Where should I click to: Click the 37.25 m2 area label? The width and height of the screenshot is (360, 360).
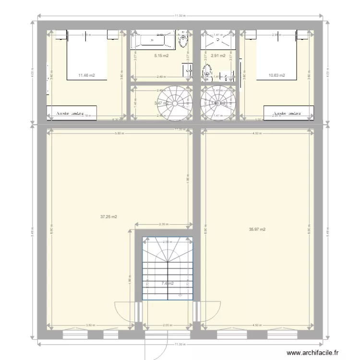click(109, 217)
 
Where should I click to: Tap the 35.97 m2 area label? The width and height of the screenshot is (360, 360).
click(257, 229)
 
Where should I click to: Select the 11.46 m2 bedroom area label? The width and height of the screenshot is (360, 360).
click(87, 75)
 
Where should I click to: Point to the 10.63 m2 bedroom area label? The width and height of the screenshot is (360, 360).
click(277, 75)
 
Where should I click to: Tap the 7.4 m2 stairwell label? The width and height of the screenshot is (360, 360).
click(168, 283)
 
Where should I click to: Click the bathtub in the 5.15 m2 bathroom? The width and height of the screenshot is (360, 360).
click(153, 40)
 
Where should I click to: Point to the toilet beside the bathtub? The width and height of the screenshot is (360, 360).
click(182, 42)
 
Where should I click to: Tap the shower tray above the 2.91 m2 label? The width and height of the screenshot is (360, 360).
click(218, 39)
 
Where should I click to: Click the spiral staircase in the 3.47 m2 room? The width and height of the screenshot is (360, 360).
click(175, 102)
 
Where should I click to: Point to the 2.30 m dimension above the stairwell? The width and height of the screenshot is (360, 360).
click(163, 224)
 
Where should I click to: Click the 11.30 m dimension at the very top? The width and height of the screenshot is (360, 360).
click(180, 16)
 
